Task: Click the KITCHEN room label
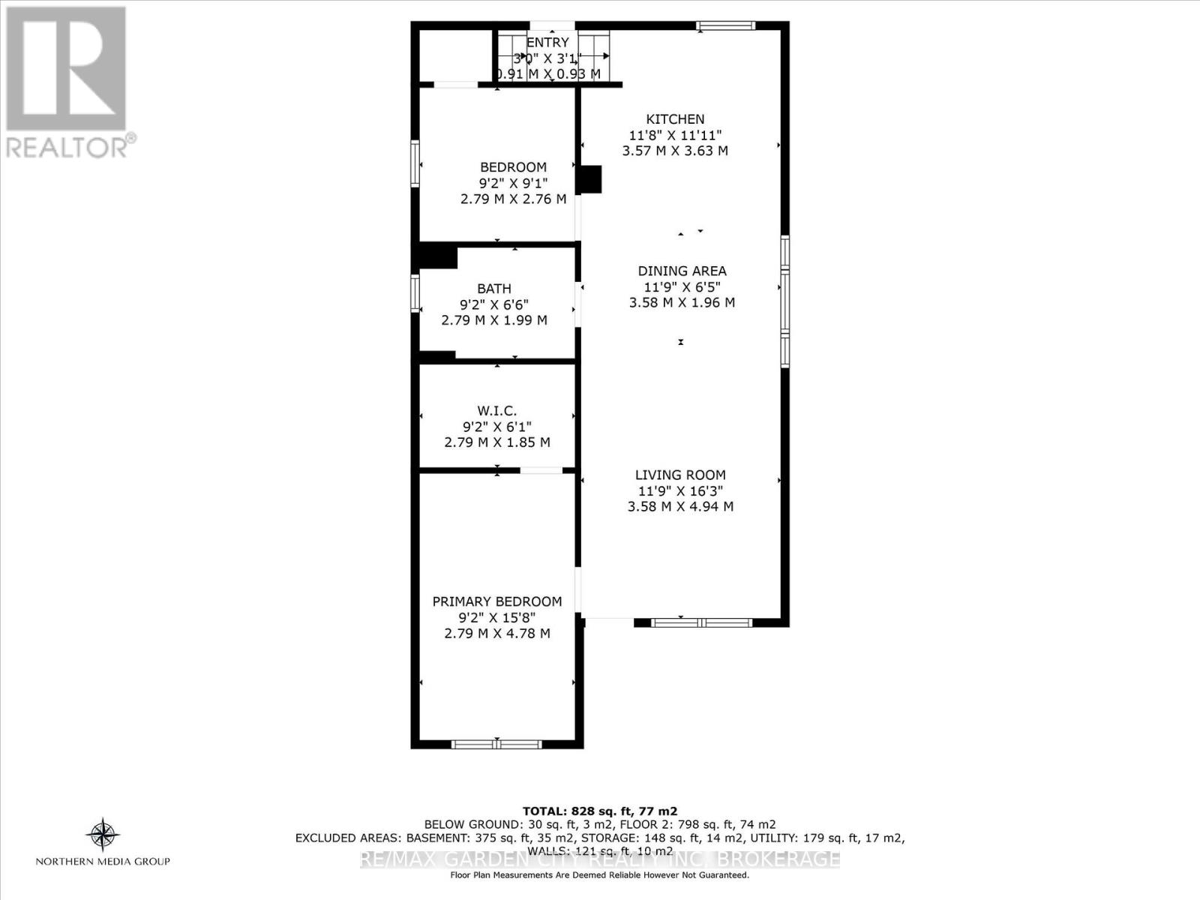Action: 675,118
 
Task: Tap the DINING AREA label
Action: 682,271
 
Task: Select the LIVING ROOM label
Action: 680,475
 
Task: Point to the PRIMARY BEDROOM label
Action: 496,601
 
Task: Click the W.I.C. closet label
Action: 496,410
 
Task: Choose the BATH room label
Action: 494,288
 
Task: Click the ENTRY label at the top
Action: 547,43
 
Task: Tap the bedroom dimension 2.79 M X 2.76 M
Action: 513,199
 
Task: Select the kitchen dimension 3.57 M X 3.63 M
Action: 675,151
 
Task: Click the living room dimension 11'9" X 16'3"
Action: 680,491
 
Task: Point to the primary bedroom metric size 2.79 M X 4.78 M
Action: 496,634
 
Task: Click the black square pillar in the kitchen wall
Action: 590,179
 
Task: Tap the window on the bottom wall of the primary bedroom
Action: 496,744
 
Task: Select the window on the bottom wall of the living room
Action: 701,622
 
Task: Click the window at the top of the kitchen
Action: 724,25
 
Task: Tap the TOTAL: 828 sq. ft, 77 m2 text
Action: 599,811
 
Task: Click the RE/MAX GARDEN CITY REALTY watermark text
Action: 599,859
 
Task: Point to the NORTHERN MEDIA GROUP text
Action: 103,862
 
